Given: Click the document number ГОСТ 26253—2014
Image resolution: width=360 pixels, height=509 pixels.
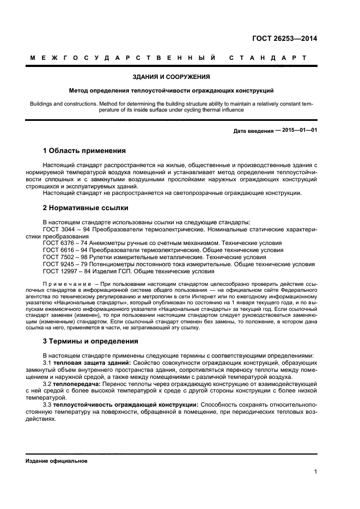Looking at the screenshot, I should point(284,38).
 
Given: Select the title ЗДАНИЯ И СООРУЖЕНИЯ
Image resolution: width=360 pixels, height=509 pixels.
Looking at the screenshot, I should point(171,77).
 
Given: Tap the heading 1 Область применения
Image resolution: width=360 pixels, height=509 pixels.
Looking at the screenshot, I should point(84,150).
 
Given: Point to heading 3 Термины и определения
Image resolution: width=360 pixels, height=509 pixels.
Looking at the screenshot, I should point(90,341).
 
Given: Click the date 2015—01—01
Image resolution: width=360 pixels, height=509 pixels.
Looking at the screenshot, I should point(299,131).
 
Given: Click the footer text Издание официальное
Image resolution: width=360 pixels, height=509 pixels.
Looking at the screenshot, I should point(57,461).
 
